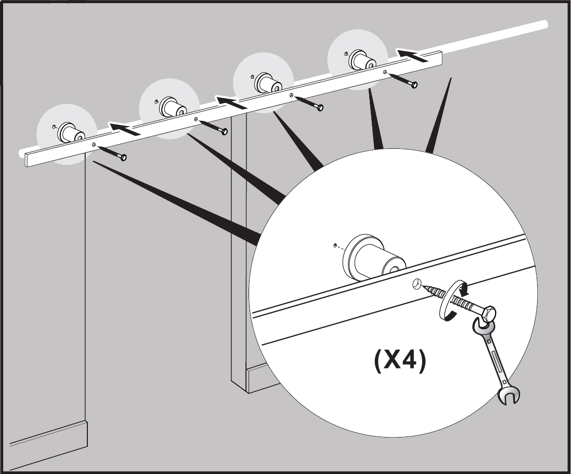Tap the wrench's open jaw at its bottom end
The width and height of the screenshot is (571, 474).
507,395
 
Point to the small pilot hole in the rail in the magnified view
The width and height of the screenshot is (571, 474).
417,284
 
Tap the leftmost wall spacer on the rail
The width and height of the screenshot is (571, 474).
69,132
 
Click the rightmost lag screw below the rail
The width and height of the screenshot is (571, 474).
402,80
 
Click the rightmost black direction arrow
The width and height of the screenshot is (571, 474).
413,54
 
